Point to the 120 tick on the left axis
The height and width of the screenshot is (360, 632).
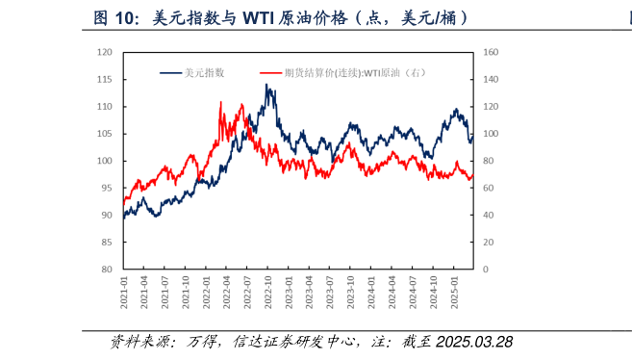tap(106, 53)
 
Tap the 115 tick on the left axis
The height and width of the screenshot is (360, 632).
tap(106, 80)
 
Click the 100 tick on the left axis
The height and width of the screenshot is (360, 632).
tap(106, 162)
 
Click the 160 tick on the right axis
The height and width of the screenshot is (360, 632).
tap(490, 53)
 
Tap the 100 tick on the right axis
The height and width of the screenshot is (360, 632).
tap(490, 134)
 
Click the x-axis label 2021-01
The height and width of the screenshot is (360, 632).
tap(124, 291)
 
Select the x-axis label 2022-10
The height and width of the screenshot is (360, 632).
tap(269, 291)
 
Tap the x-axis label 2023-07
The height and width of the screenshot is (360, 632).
tap(331, 291)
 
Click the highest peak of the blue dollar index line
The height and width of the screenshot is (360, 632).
tap(266, 85)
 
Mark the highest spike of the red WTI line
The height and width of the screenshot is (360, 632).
tap(220, 101)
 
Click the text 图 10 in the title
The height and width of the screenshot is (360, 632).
tap(114, 18)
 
